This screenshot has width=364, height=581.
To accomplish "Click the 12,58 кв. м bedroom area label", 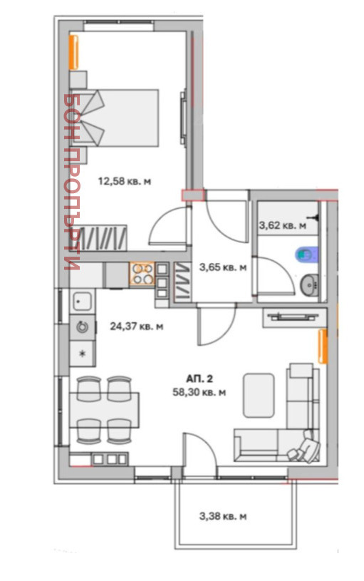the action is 125,182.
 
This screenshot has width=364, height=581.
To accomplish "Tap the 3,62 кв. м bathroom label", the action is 283,225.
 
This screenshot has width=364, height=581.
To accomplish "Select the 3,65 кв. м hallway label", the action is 223,267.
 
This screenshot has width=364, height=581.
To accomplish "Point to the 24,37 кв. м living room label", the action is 137,327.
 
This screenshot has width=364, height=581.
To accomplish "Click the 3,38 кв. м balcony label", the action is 223,516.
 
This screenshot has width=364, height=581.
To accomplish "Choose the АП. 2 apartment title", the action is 199,379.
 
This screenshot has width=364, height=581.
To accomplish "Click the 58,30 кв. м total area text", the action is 199,392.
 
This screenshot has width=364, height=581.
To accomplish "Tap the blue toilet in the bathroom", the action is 306,254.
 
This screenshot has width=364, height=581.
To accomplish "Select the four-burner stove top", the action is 142,274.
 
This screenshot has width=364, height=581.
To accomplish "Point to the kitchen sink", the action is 83,301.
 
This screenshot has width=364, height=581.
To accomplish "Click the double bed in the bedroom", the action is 114,118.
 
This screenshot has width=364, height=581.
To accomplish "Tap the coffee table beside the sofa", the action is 259,396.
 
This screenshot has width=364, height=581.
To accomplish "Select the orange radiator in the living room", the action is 323,346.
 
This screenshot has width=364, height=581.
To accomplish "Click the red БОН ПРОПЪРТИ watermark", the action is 71,182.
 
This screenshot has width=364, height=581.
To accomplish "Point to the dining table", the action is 105,410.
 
